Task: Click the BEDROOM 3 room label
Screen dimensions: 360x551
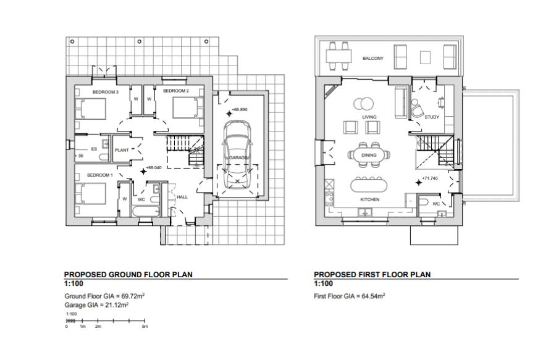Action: point(105,92)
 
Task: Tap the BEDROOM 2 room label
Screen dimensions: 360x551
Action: point(175,91)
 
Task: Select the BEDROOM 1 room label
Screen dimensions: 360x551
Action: point(99,175)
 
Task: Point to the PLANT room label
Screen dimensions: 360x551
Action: point(121,150)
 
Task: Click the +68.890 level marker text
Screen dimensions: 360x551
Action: point(240,110)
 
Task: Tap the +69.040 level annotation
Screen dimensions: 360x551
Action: point(153,167)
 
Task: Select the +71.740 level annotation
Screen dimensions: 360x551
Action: point(429,179)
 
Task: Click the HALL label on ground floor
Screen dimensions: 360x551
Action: point(182,197)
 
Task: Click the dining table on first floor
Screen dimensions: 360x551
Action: point(369,155)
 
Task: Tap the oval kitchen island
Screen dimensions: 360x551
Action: point(369,185)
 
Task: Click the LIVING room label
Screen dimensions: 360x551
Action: point(369,117)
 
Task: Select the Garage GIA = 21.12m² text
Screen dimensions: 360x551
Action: point(96,305)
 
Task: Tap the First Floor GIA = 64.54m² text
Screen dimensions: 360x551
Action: point(350,296)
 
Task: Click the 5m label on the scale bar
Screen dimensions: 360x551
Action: point(145,326)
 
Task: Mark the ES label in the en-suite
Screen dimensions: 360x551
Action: point(94,149)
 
